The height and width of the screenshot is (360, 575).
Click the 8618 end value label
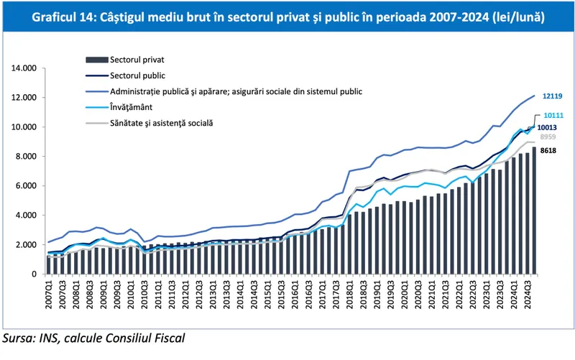click(548, 151)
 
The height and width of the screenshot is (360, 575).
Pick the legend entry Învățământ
click(134, 107)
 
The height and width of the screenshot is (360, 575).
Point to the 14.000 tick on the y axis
click(24, 68)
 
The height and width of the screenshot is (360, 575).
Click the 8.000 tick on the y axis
click(26, 157)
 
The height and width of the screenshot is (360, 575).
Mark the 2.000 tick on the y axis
click(26, 245)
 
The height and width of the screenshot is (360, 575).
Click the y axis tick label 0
click(33, 274)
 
